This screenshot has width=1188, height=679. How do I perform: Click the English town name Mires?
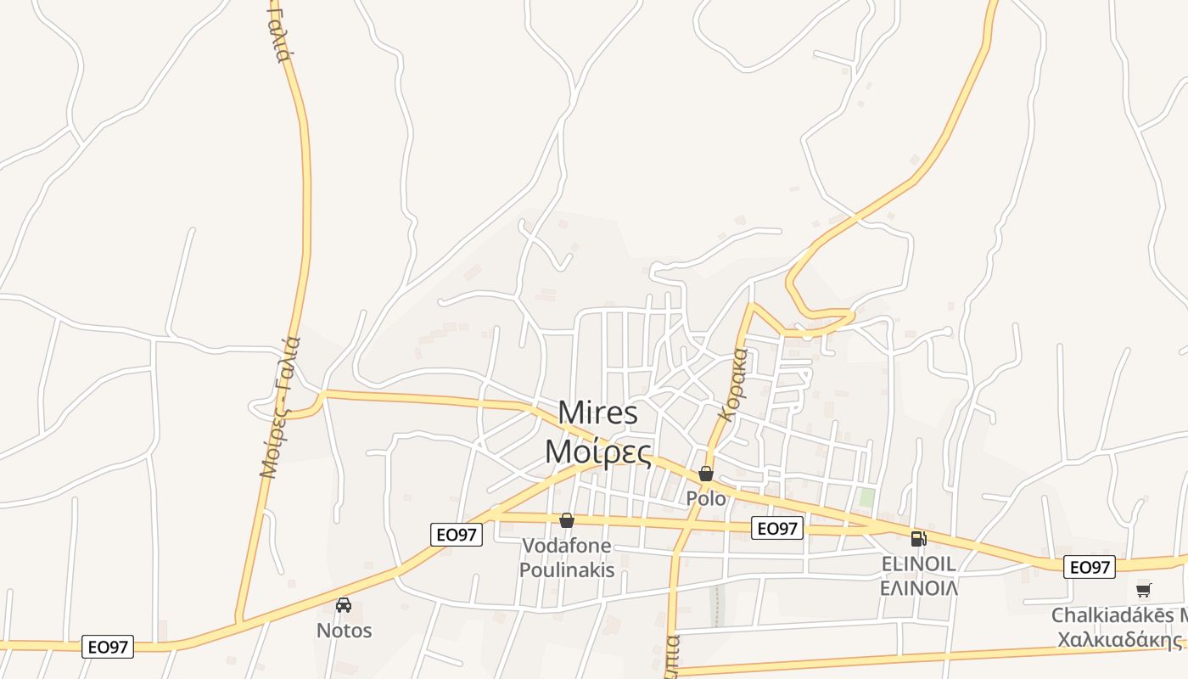click(x=597, y=413)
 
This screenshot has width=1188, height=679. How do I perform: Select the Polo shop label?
click(x=706, y=498)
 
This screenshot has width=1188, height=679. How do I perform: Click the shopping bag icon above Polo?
click(x=706, y=474)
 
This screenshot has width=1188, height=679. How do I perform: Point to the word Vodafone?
click(x=566, y=546)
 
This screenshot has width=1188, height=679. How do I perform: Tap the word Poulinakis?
click(x=566, y=570)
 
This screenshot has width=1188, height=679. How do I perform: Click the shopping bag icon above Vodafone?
click(x=566, y=520)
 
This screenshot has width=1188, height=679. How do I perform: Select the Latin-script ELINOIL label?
click(x=918, y=564)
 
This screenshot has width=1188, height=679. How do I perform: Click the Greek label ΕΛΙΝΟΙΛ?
click(x=918, y=587)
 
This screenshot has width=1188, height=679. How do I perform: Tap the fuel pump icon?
click(x=918, y=538)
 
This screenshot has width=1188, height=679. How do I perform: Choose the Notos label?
click(x=344, y=631)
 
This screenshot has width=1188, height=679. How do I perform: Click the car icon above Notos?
click(x=344, y=605)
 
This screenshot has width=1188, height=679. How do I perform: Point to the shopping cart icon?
click(x=1144, y=590)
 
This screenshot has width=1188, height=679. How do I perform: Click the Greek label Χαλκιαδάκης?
click(x=1120, y=639)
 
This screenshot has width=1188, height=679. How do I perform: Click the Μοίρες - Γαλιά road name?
click(x=281, y=407)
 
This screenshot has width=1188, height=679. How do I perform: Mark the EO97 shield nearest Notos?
click(x=109, y=647)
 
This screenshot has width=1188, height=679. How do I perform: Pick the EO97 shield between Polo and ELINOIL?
click(x=777, y=529)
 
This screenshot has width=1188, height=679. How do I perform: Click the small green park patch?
click(x=866, y=497)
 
